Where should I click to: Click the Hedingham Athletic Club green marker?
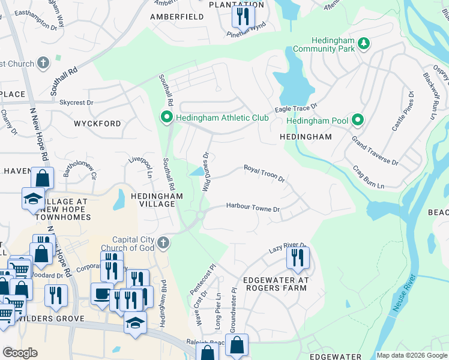[166, 116]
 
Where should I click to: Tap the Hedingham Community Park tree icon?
[363, 43]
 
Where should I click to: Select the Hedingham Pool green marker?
[358, 120]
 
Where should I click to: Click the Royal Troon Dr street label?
[264, 174]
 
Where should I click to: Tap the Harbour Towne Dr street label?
[253, 207]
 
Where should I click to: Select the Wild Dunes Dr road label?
[205, 172]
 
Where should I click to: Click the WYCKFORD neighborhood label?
[97, 123]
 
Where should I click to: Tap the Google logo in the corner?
[20, 353]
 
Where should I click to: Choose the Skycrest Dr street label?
[76, 103]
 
